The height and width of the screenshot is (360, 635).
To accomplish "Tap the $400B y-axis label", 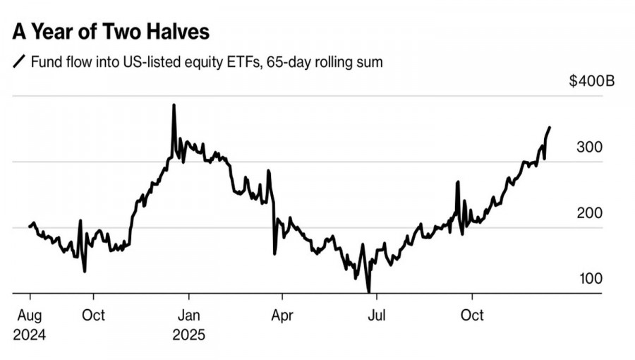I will [x=591, y=81].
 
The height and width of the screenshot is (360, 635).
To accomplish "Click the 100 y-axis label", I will [x=591, y=279].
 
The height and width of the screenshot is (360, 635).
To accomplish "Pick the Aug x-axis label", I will [x=29, y=315].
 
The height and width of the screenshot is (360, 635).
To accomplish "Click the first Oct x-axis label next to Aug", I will [x=93, y=315].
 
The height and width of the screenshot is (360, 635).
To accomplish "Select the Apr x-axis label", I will [x=282, y=315].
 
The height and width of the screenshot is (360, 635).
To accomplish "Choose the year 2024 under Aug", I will [x=29, y=335].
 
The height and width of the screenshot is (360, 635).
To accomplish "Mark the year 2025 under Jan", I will [x=188, y=335].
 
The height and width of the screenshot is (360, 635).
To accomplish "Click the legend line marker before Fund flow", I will [x=19, y=62].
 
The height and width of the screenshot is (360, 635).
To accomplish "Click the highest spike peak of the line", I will [x=174, y=106].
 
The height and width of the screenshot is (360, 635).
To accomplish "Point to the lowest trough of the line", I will [x=368, y=290].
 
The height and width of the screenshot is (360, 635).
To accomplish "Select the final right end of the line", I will [x=550, y=128].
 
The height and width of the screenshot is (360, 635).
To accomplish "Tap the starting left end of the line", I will [x=29, y=226].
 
